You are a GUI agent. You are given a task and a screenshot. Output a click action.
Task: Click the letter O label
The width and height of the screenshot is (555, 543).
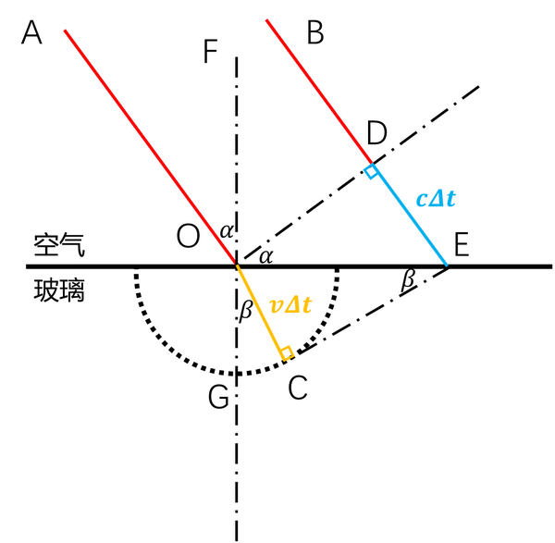[188, 237]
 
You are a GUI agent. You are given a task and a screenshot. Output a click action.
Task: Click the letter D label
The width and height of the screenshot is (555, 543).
[376, 134]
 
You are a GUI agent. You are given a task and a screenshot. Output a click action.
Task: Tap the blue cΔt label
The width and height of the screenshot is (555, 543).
[436, 198]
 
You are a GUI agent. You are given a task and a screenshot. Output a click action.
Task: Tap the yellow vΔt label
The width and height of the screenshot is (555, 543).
[290, 306]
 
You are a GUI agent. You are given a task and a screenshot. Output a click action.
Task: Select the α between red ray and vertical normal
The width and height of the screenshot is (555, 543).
[226, 231]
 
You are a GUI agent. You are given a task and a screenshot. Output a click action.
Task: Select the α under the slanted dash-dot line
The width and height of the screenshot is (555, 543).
[265, 256]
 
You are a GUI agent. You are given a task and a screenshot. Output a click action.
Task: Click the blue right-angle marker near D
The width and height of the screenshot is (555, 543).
[371, 172]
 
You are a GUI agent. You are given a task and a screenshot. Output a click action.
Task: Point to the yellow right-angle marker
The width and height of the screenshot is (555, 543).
[288, 352]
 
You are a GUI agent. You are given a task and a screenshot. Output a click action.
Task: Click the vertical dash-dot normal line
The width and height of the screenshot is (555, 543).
[237, 176]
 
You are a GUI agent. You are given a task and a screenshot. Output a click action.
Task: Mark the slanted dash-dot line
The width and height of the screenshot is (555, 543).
[305, 213]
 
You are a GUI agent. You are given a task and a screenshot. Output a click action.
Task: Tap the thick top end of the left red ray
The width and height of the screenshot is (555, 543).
[92, 68]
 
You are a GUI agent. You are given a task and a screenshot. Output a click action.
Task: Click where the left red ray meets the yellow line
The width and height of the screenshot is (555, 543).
[237, 264]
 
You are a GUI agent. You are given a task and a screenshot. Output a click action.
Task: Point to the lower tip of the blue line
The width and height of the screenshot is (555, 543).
[447, 265]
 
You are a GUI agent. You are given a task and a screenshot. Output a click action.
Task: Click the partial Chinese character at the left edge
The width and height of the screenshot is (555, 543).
[80, 246]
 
